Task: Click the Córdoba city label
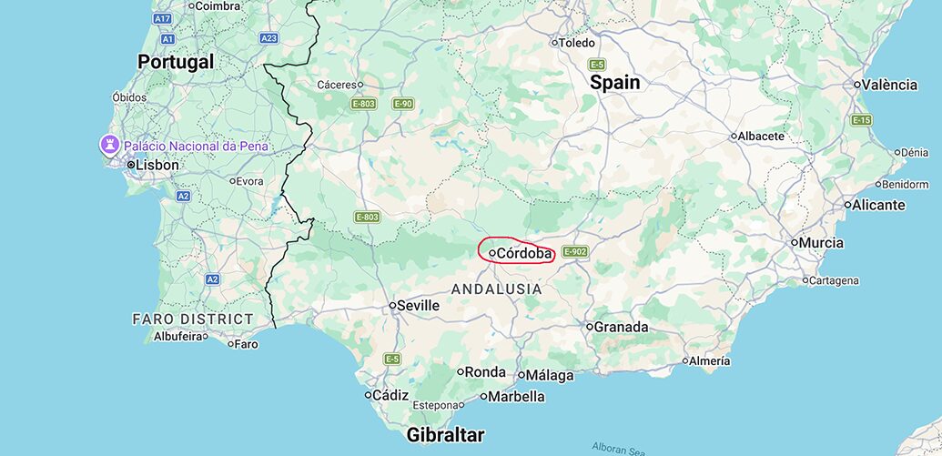click(524, 253)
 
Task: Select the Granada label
click(621, 327)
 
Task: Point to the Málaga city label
click(550, 375)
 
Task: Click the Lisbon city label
click(157, 165)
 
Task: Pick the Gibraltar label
click(445, 434)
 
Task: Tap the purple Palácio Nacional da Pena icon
click(110, 145)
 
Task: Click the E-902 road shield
click(575, 251)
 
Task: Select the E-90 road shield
click(403, 104)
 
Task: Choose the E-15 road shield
click(861, 120)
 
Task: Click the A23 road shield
click(268, 38)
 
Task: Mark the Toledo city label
click(575, 43)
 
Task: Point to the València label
click(889, 85)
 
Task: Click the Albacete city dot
click(734, 137)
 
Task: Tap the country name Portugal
click(176, 62)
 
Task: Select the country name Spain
click(615, 82)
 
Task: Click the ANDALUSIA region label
click(497, 289)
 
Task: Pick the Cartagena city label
click(834, 280)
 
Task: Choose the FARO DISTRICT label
click(193, 319)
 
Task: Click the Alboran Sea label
click(620, 448)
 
